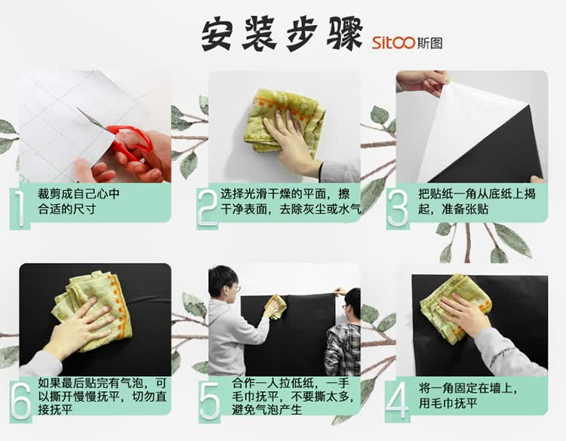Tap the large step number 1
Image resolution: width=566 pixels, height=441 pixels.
click(19, 208)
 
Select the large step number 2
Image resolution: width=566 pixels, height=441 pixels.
click(208, 208)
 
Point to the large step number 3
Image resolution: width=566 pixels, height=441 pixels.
click(398, 208)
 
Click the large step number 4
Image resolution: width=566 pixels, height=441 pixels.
click(397, 402)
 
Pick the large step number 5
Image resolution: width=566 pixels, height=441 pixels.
click(209, 402)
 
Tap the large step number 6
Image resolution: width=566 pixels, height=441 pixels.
click(20, 402)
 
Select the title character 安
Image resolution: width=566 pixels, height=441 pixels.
click(217, 35)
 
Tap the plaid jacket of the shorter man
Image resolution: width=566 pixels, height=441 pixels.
click(342, 350)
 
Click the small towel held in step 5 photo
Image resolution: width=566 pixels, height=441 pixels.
click(275, 307)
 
